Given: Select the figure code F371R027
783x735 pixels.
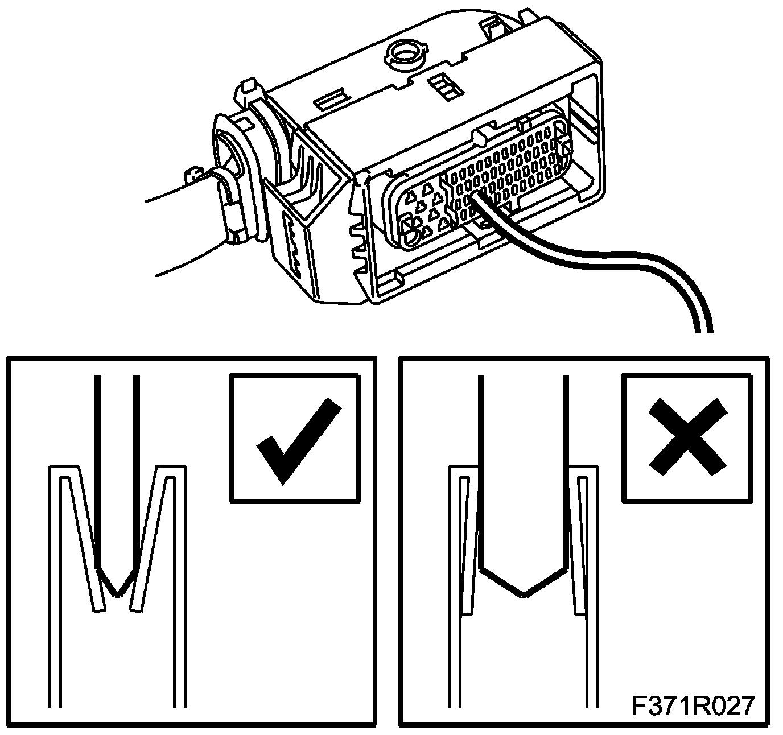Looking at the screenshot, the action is (x=693, y=705).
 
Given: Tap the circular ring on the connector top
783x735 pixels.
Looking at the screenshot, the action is (x=405, y=55).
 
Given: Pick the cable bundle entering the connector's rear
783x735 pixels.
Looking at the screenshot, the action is (x=182, y=228).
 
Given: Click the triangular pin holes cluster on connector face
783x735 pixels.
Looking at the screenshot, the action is (x=424, y=210).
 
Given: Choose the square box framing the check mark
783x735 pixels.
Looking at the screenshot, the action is (x=295, y=438).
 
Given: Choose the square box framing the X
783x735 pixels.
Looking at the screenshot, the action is (x=689, y=438).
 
